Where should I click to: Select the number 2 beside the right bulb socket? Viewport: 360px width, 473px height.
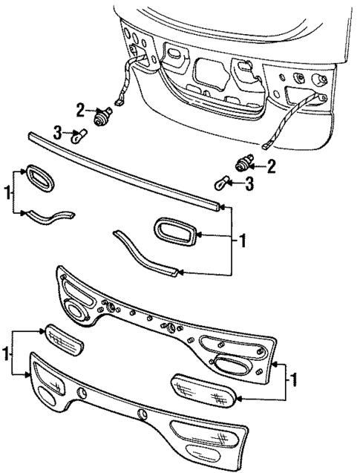[271, 166]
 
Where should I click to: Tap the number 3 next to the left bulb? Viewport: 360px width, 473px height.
[57, 133]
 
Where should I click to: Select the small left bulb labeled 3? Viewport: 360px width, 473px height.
[76, 135]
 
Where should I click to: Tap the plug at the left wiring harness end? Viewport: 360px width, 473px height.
[118, 102]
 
